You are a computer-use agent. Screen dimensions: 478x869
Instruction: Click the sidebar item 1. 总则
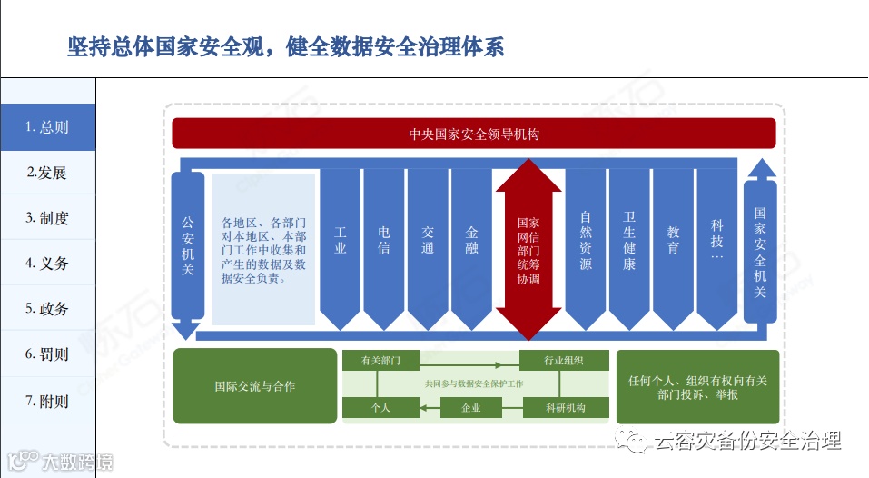click(x=47, y=127)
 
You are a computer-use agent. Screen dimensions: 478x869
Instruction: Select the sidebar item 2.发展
click(x=47, y=173)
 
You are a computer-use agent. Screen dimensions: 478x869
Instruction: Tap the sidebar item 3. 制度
click(x=47, y=218)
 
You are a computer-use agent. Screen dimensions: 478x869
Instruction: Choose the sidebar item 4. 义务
click(x=47, y=264)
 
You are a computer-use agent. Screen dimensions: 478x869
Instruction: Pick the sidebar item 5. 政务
click(x=47, y=309)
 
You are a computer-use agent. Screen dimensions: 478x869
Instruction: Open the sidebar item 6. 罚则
click(x=47, y=354)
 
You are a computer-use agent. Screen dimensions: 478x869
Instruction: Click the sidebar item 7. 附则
click(x=47, y=401)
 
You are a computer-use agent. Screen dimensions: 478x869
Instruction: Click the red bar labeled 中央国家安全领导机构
click(x=474, y=134)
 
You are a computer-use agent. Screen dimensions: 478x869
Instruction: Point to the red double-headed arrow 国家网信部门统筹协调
click(x=528, y=250)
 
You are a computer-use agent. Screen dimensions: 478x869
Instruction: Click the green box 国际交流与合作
click(x=254, y=386)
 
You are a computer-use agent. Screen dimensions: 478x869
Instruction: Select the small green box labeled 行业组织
click(x=563, y=361)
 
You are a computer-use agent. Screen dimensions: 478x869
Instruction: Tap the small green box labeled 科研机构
click(x=563, y=408)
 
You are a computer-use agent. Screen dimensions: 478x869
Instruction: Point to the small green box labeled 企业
click(x=470, y=408)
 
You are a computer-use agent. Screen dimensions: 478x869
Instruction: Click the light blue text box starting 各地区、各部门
click(x=263, y=250)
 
